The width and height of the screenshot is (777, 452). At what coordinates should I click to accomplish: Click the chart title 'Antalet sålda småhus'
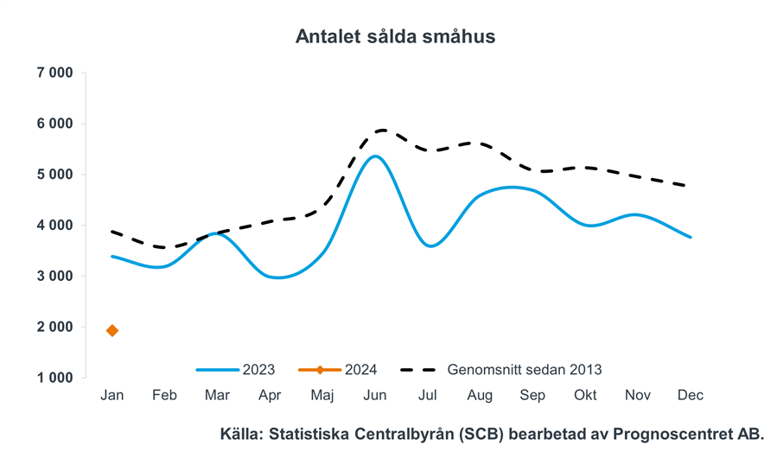pos(395,36)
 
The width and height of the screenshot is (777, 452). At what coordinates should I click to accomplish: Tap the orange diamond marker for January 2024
pos(112,331)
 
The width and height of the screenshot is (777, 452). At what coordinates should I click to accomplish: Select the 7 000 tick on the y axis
pos(54,73)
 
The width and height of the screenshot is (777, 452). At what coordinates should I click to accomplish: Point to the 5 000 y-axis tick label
pos(54,175)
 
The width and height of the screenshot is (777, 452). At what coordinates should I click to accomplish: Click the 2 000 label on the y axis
pos(54,328)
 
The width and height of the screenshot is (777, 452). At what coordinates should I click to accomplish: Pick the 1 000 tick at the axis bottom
pos(54,378)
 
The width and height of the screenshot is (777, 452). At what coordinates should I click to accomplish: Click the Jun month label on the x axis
pos(374,395)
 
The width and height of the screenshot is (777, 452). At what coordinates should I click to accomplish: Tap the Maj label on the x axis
pos(322,395)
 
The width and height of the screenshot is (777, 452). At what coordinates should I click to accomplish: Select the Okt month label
pos(585,395)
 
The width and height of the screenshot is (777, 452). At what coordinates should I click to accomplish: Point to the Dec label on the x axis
pos(691,395)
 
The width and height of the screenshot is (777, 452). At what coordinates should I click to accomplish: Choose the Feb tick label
pos(164,395)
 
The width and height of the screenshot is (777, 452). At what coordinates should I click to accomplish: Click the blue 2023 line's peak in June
pos(374,156)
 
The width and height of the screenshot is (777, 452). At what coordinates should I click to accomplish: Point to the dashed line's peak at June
pos(379,131)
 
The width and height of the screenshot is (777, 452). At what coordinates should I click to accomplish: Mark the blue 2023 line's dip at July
pos(431,246)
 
